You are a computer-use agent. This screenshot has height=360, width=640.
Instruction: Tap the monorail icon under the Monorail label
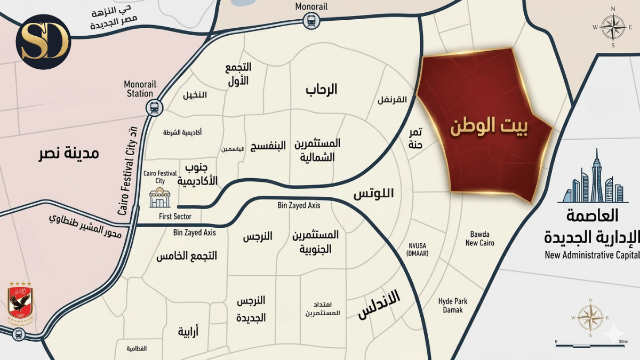310,21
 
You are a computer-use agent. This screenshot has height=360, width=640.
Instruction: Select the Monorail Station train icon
154,107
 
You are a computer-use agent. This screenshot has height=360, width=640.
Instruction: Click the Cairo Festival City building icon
159,198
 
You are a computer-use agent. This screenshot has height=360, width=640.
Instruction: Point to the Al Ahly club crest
20,302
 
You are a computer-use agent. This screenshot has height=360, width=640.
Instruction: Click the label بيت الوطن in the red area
489,128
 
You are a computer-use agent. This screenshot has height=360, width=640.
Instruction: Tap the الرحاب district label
321,89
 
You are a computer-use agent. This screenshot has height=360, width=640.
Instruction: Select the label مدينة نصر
69,154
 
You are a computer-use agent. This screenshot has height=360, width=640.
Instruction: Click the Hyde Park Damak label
452,306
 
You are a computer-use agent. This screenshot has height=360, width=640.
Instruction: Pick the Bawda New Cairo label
479,238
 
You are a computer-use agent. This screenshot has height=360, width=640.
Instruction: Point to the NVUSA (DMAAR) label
418,249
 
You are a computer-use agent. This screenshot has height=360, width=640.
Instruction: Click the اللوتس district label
373,193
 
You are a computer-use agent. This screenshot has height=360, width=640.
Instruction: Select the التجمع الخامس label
186,256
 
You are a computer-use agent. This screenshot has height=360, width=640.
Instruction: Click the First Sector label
175,217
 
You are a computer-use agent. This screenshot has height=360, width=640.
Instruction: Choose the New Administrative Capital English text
592,255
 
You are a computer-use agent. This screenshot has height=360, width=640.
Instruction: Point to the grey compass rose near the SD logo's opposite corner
613,27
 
